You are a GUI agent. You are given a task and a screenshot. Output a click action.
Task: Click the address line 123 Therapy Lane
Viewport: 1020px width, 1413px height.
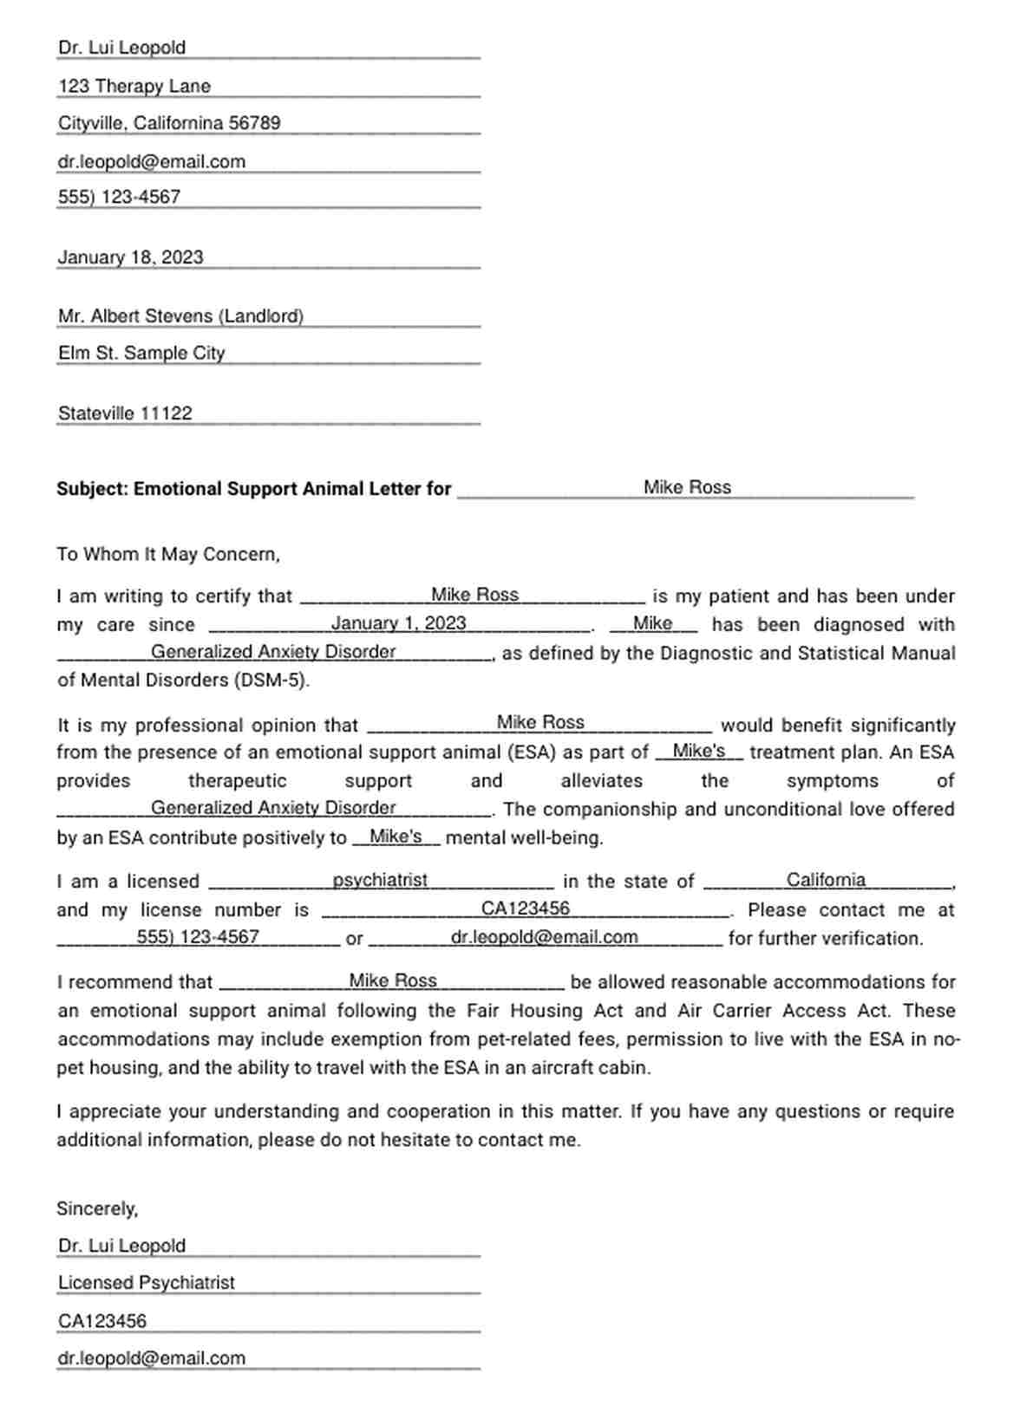click(x=134, y=86)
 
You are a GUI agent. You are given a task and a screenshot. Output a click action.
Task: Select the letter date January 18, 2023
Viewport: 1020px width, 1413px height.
click(x=130, y=257)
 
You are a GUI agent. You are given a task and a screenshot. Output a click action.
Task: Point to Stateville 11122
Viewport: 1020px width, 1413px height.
click(x=125, y=413)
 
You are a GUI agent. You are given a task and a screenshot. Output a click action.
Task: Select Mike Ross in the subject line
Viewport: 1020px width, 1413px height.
click(x=687, y=487)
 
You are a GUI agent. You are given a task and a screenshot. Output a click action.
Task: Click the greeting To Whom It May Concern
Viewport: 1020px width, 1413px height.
click(x=168, y=554)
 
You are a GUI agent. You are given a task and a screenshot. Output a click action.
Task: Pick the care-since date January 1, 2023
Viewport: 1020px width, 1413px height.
click(x=398, y=623)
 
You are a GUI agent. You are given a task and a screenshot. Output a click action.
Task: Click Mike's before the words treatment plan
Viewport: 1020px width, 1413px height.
click(x=698, y=751)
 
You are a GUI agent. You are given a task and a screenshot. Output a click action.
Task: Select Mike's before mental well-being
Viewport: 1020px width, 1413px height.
click(x=396, y=837)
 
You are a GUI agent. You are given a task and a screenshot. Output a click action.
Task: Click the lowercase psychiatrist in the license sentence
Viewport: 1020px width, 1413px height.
click(x=380, y=880)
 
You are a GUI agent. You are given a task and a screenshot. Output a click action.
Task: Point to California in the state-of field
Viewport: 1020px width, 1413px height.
click(x=826, y=880)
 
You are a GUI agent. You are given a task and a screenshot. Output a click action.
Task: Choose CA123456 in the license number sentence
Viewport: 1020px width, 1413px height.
click(x=526, y=908)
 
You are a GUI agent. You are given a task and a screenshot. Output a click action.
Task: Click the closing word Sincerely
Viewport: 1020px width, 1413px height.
click(x=96, y=1208)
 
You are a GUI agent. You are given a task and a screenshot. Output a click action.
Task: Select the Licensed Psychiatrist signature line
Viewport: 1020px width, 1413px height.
click(x=147, y=1283)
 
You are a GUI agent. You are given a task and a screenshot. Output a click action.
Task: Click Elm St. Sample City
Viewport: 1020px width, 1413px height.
click(x=141, y=353)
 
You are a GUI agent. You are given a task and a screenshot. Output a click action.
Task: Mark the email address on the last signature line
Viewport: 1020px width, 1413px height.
click(x=152, y=1358)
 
